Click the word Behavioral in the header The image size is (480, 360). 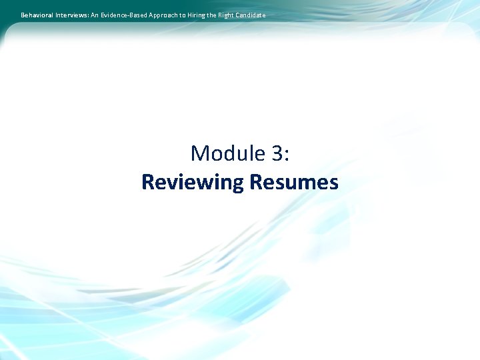(x=36, y=15)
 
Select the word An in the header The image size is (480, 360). (x=95, y=15)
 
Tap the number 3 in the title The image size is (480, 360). (x=277, y=153)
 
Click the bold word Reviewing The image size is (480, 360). (x=192, y=182)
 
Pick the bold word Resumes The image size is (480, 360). (x=293, y=182)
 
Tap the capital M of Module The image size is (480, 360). (x=200, y=153)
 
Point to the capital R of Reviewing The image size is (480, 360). (x=148, y=182)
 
